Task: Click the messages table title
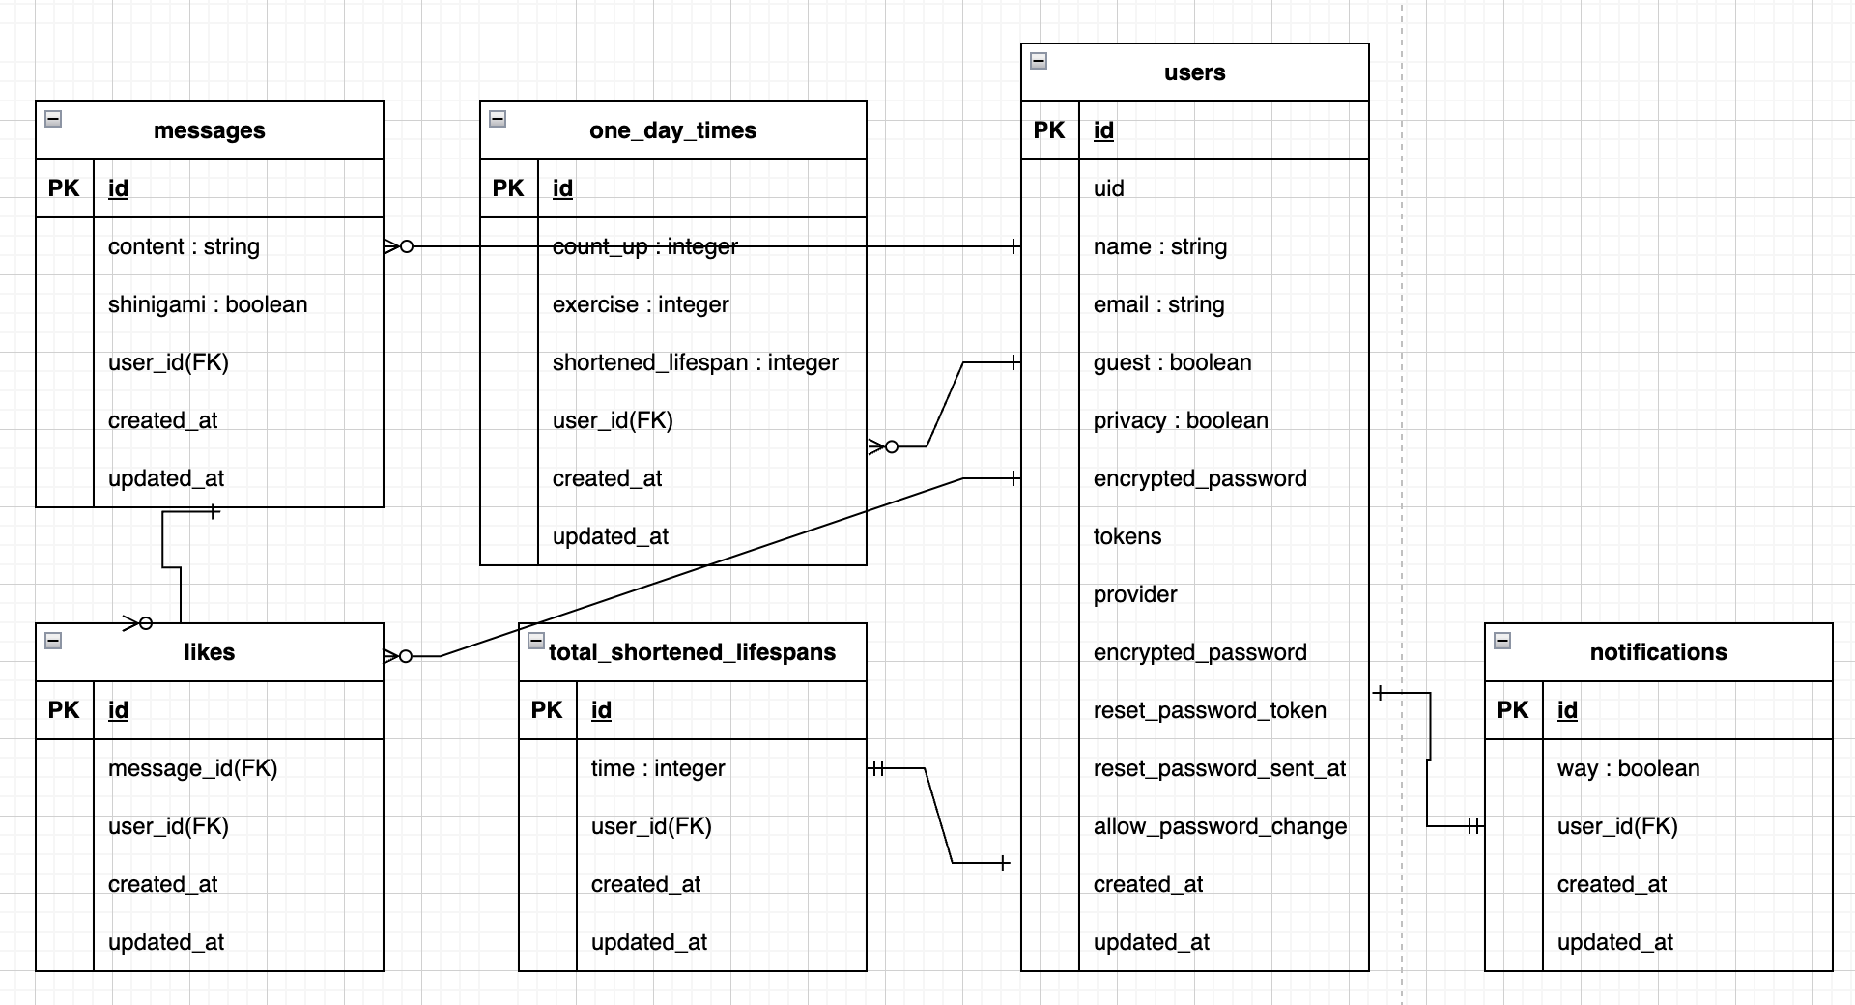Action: [x=209, y=130]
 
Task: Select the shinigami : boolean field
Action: [x=208, y=304]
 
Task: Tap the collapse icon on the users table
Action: [x=1039, y=61]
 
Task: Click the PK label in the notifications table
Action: [x=1512, y=710]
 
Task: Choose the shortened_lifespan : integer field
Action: [x=695, y=362]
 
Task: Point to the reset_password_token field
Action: [x=1209, y=710]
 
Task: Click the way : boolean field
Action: [x=1628, y=768]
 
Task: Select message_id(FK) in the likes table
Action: [x=192, y=768]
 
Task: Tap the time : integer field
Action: [x=657, y=768]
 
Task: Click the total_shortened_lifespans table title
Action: [x=692, y=652]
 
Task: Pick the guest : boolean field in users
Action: [x=1172, y=362]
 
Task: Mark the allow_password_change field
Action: [x=1219, y=826]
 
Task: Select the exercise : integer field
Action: [x=640, y=304]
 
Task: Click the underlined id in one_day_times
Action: [x=562, y=188]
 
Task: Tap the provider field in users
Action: [x=1135, y=594]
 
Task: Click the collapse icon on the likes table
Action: [x=53, y=641]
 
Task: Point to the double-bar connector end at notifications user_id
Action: [x=1472, y=826]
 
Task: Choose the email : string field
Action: [x=1158, y=304]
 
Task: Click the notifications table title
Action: [x=1658, y=652]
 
